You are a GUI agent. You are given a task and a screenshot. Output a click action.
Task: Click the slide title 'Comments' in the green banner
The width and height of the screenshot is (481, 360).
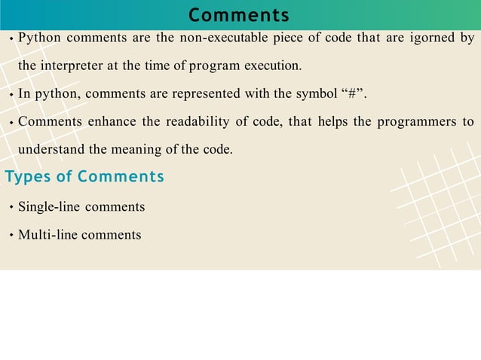239,15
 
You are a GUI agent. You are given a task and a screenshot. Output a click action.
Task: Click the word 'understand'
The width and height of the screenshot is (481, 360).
52,149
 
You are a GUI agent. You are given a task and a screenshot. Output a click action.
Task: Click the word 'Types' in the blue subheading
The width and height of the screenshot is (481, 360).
28,177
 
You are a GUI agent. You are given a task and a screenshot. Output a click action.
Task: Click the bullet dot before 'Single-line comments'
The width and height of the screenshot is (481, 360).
11,207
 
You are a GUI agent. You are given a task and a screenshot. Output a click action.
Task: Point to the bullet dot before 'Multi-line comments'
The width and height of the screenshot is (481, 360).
11,235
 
